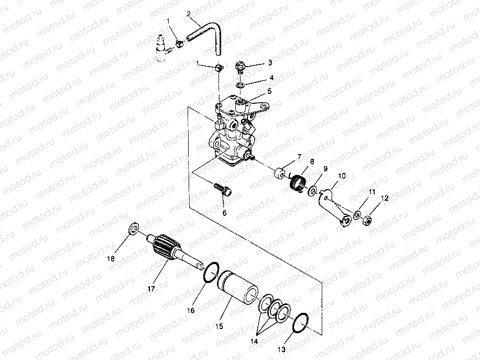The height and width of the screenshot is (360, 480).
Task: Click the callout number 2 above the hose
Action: tap(189, 14)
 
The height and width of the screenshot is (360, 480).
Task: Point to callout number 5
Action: tap(269, 91)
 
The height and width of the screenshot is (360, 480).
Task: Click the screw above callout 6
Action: tap(223, 190)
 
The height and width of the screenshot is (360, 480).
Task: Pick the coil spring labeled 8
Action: tap(298, 183)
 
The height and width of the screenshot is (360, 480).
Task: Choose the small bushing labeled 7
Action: tap(280, 173)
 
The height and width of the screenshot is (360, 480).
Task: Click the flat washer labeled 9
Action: tap(313, 190)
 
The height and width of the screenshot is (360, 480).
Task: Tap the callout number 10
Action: tap(342, 176)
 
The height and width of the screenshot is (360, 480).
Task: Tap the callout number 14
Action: tap(254, 341)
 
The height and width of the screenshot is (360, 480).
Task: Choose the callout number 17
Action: tap(151, 288)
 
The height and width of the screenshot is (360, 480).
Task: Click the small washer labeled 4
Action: tap(241, 84)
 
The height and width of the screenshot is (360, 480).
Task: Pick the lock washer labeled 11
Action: tap(357, 215)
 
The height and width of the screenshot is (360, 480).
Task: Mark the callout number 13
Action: tap(281, 350)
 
